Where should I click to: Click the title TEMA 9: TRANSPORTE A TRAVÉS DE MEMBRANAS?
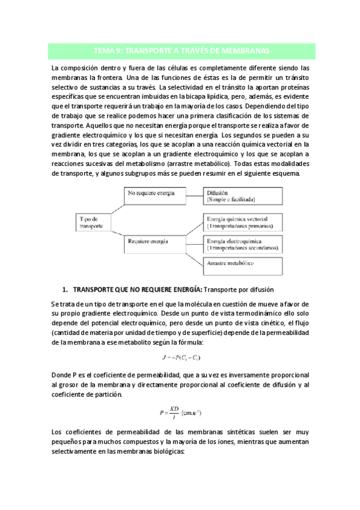180,51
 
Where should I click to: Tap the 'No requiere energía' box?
153,194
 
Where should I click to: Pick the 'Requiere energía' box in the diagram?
153,242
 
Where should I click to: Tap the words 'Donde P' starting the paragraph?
66,375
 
